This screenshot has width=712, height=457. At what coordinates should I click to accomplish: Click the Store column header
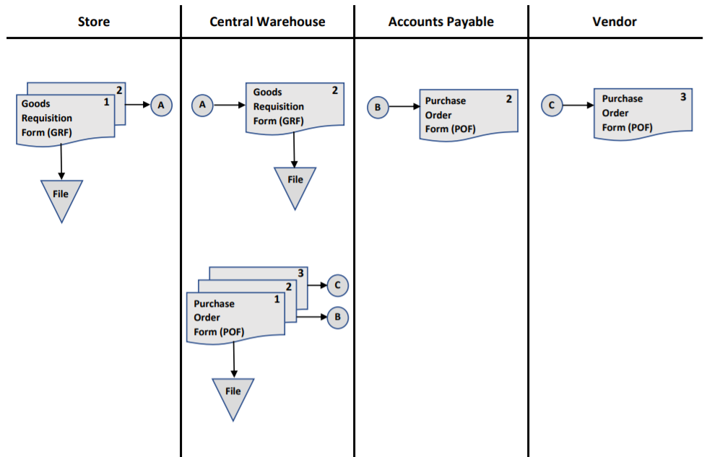click(94, 22)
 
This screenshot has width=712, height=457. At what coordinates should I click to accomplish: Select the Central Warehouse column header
click(267, 22)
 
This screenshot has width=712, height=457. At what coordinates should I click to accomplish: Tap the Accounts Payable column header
click(440, 22)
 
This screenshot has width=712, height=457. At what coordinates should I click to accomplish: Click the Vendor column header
click(615, 22)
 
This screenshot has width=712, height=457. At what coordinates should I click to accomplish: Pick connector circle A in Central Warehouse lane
click(202, 105)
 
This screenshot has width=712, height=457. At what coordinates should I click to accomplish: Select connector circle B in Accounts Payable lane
click(378, 108)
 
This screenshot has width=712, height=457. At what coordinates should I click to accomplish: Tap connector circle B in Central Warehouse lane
click(338, 316)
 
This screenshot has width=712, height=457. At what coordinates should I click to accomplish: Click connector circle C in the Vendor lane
click(552, 105)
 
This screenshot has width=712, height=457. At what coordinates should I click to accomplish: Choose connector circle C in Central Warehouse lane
click(337, 285)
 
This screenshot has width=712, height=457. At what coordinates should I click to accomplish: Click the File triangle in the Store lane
click(61, 196)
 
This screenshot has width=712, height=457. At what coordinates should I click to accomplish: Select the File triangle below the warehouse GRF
click(295, 183)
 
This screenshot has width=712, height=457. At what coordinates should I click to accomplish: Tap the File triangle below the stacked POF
click(233, 394)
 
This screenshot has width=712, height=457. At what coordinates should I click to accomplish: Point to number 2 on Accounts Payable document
click(508, 100)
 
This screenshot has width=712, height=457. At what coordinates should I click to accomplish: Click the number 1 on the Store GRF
click(106, 103)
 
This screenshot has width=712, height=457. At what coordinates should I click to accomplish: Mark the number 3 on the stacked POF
click(300, 274)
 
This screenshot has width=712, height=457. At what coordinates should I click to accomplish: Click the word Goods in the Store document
click(36, 104)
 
